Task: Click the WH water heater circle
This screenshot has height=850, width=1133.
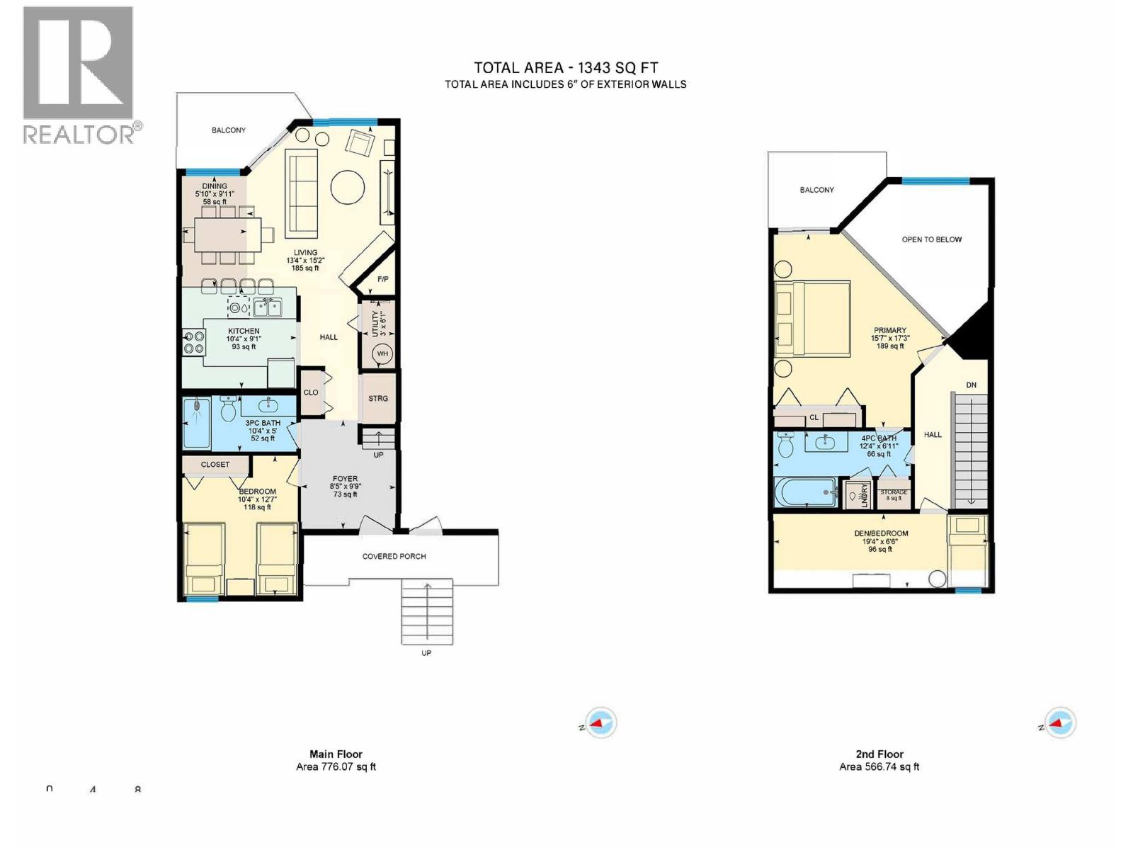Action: [382, 353]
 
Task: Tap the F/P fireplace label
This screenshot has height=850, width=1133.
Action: [383, 279]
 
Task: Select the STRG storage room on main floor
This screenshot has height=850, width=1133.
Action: [378, 398]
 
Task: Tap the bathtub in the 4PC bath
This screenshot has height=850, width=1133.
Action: [806, 492]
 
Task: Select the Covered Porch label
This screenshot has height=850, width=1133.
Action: [394, 556]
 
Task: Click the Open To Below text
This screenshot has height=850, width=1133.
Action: [931, 239]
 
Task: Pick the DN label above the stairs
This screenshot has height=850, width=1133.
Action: [971, 385]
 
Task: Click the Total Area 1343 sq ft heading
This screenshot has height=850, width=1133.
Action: [565, 68]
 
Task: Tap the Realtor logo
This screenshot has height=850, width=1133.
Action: [79, 74]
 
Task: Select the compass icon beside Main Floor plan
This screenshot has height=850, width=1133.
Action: [600, 723]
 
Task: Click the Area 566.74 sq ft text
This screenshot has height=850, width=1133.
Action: [879, 766]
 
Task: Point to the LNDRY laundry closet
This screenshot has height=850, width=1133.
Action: [859, 494]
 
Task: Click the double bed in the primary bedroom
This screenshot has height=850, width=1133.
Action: [812, 319]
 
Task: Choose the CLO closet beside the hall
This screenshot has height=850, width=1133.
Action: [311, 392]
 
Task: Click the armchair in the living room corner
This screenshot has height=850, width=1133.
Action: [360, 144]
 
